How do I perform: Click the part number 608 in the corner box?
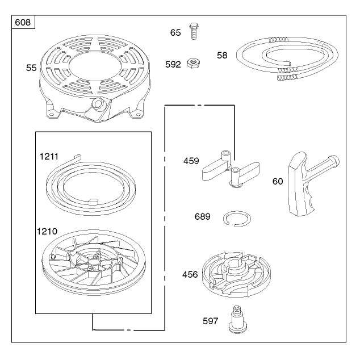tap(23, 23)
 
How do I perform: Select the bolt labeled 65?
tap(194, 31)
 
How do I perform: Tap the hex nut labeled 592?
tap(193, 63)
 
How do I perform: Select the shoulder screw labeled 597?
tap(238, 319)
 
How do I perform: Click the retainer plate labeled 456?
tap(236, 274)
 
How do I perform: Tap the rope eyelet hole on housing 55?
tap(97, 103)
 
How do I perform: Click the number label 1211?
tap(49, 157)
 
